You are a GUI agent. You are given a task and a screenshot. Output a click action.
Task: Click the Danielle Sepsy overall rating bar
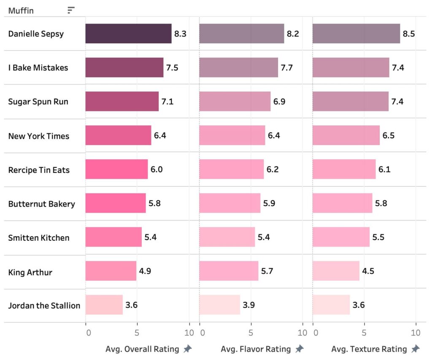[x=128, y=34]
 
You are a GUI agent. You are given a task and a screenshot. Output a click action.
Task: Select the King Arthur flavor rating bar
[x=228, y=271]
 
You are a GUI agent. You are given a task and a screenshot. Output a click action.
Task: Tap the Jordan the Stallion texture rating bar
[x=331, y=305]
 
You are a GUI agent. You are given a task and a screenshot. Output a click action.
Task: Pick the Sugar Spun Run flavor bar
[x=235, y=101]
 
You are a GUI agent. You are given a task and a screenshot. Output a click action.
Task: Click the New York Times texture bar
[x=346, y=135]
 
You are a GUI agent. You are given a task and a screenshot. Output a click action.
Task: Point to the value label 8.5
[x=409, y=34]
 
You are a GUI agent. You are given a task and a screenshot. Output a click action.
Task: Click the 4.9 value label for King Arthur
[x=145, y=271]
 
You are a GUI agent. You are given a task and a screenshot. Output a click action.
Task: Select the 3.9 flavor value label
[x=249, y=305]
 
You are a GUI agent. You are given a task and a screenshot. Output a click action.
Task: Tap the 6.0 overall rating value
[x=157, y=169]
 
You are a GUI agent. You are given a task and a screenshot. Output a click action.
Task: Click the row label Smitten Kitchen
[x=39, y=238]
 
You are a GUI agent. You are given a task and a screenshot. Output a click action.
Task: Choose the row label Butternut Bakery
[x=41, y=204]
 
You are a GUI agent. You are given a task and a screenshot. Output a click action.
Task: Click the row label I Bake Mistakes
[x=38, y=67]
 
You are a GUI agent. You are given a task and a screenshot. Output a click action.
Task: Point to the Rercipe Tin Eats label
[x=39, y=170]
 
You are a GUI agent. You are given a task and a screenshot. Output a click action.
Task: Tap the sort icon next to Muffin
[x=71, y=10]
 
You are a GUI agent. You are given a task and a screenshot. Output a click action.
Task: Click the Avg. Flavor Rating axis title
[x=256, y=349]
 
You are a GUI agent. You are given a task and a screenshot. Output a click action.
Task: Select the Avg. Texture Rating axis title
[x=369, y=349]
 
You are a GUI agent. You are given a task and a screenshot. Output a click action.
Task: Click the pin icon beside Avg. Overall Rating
[x=188, y=349]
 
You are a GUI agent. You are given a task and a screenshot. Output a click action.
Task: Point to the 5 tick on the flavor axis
[x=251, y=333]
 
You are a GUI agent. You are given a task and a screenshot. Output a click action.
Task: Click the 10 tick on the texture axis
[x=416, y=333]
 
